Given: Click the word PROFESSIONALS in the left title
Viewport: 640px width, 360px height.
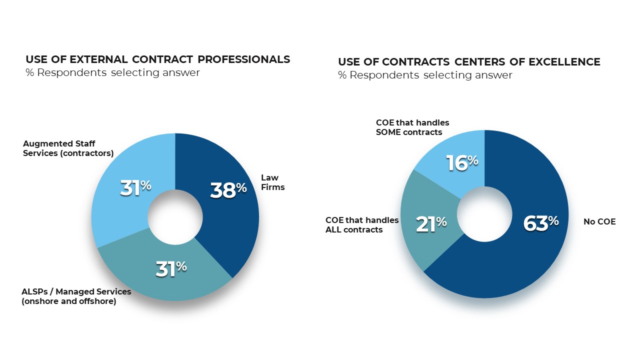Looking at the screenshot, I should click(x=243, y=59).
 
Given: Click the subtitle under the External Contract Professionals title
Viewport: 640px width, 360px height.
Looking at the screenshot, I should click(x=112, y=72).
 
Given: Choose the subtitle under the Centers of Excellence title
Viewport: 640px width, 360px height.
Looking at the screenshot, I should click(x=425, y=75).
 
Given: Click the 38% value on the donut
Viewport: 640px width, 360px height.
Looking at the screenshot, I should click(x=228, y=190).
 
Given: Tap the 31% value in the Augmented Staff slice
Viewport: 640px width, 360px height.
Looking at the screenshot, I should click(x=135, y=187).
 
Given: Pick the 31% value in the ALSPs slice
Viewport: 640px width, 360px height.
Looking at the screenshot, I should click(x=171, y=268).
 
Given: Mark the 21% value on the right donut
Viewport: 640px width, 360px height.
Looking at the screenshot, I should click(x=431, y=224).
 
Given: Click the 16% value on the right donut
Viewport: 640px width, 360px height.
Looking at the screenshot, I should click(x=462, y=162).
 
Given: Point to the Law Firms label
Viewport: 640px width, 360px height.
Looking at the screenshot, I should click(x=272, y=182).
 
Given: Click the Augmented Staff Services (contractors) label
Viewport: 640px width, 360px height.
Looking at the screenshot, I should click(x=68, y=148).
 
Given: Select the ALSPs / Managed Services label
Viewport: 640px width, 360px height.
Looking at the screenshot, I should click(x=76, y=296).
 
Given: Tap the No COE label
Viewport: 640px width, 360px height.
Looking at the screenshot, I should click(x=599, y=221).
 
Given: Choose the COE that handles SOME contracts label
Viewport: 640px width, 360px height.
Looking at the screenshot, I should click(x=412, y=127).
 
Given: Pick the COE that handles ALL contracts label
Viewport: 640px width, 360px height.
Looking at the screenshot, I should click(x=362, y=225).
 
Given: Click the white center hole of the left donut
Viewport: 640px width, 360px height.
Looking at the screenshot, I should click(x=175, y=217).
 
